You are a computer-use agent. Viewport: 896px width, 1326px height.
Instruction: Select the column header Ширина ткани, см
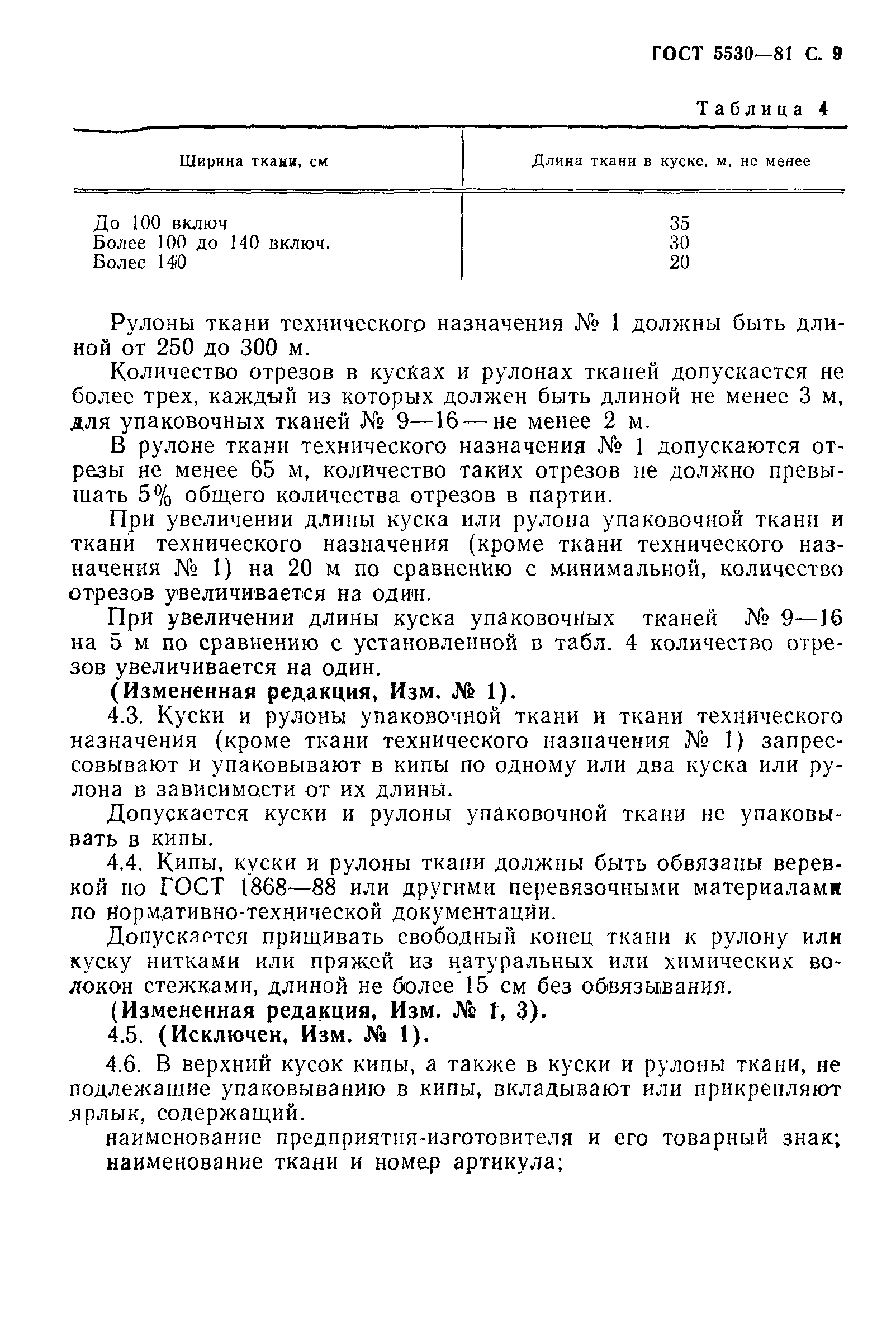coord(253,162)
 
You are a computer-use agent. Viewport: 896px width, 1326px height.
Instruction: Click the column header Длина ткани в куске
coord(671,161)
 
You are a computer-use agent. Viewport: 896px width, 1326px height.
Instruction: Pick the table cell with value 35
coord(679,222)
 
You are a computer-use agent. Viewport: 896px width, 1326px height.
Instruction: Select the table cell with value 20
coord(679,263)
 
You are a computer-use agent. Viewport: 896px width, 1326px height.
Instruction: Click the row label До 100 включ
coord(160,222)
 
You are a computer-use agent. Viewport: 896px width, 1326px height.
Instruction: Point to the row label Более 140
coord(139,263)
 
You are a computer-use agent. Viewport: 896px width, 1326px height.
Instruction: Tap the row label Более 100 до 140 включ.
coord(211,243)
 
